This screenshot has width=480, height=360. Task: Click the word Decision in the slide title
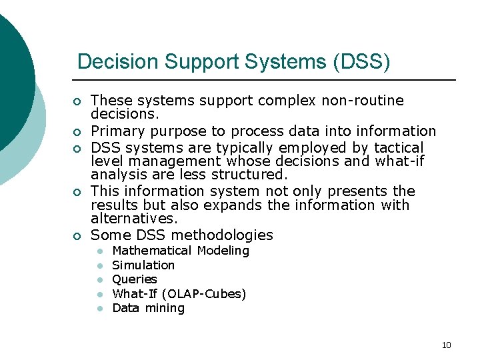(117, 62)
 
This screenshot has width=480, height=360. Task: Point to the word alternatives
(134, 219)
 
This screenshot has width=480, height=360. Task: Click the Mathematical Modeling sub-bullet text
(181, 251)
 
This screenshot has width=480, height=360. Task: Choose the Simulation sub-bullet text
(143, 265)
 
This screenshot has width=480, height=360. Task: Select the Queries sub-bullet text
(135, 279)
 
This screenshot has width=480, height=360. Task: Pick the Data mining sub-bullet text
(148, 308)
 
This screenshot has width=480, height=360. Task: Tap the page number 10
(446, 345)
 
